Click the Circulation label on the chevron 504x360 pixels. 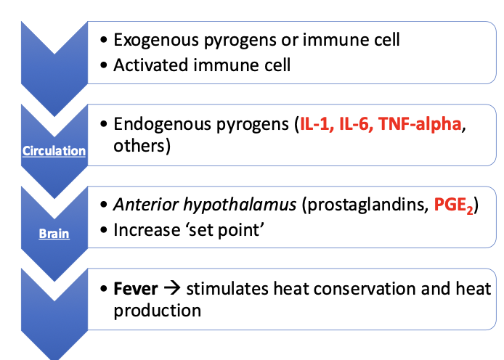54,151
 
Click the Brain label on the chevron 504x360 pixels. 54,234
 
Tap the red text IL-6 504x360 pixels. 359,124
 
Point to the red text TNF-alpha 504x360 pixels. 421,124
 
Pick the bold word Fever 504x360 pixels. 136,289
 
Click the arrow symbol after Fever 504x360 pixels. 171,289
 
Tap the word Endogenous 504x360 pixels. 155,124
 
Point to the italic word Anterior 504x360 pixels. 140,205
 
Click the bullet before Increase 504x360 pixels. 104,231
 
